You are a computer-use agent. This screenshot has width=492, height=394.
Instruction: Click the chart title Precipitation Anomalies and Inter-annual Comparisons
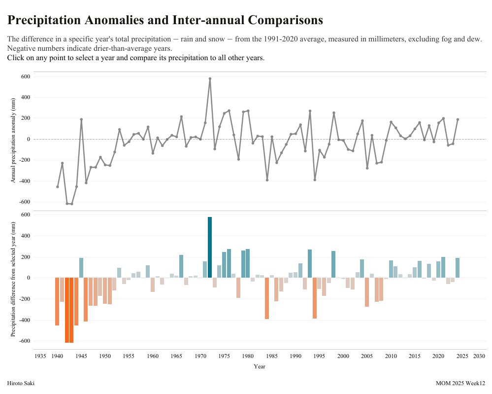(x=165, y=20)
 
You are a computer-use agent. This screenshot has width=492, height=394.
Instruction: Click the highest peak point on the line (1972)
(x=210, y=78)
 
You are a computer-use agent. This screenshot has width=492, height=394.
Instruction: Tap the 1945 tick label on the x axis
(x=81, y=356)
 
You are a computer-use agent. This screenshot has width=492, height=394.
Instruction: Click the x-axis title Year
(x=260, y=366)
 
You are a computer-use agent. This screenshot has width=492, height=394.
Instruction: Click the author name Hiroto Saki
(x=21, y=383)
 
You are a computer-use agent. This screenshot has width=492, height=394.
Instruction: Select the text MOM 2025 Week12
(x=460, y=383)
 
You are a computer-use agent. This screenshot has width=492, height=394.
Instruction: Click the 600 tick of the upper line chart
(x=25, y=76)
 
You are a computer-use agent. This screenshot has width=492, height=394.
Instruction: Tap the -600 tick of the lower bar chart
(x=24, y=341)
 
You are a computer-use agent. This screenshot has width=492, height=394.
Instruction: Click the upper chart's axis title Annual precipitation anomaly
(x=13, y=141)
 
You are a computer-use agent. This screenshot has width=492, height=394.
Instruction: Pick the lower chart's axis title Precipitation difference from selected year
(x=13, y=279)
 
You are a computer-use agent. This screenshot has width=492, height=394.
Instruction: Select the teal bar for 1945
(x=81, y=268)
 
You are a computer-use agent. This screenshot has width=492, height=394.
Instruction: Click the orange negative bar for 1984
(x=267, y=298)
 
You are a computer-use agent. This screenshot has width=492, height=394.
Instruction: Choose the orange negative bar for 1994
(x=315, y=298)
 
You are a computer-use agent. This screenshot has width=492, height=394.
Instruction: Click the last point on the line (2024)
(x=458, y=119)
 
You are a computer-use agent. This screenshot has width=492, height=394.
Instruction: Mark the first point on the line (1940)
(x=58, y=187)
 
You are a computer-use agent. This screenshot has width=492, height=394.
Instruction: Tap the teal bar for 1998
(x=333, y=264)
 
